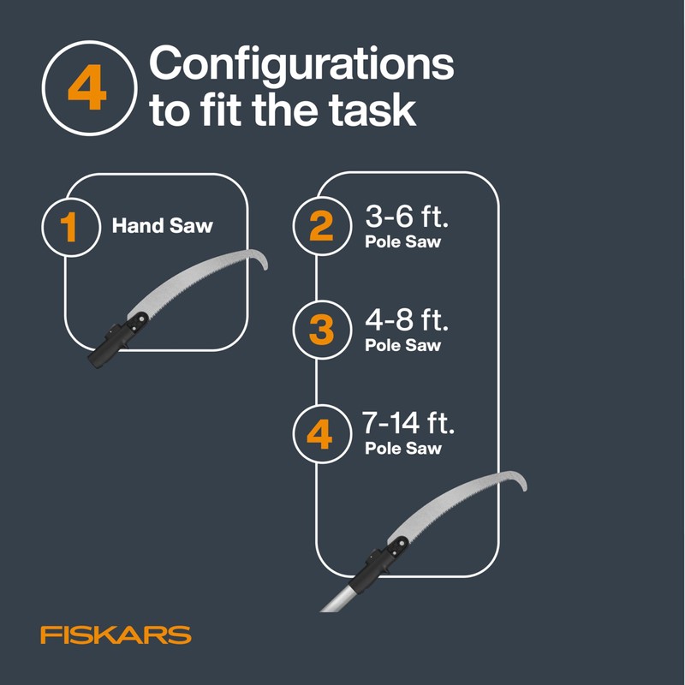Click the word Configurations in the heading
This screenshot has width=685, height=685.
(301, 65)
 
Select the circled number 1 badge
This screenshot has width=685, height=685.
(69, 227)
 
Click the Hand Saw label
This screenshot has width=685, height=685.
(163, 227)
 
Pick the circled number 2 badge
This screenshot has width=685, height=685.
(321, 227)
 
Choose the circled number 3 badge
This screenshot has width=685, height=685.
(321, 330)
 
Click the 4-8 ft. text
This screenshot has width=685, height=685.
(407, 322)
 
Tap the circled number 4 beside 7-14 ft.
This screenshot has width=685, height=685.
(319, 435)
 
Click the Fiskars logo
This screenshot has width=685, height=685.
(116, 635)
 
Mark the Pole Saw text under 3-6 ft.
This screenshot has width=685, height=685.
(402, 242)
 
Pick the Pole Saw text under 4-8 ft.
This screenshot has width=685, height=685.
(402, 346)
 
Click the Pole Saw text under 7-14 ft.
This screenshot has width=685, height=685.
(402, 448)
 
